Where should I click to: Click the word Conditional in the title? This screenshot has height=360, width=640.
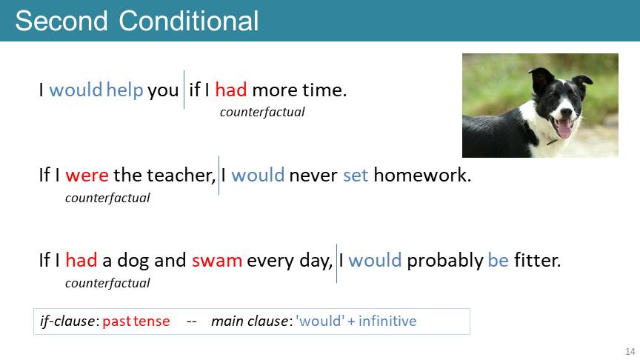(189, 21)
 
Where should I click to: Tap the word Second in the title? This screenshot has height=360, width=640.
(61, 21)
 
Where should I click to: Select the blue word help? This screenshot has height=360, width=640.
(124, 90)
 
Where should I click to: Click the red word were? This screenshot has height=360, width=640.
(87, 175)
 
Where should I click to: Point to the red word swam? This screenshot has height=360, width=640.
(217, 261)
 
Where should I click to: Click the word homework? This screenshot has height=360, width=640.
(422, 175)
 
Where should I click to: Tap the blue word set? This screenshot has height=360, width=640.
(356, 176)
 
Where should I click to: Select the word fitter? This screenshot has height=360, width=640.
(537, 260)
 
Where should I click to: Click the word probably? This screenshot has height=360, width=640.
(445, 261)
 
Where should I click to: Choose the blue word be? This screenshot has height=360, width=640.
(499, 260)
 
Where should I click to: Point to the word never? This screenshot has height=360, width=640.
(313, 176)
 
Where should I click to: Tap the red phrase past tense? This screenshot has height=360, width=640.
(136, 321)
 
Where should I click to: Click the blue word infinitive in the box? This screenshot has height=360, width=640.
(387, 321)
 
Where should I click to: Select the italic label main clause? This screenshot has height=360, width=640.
(250, 321)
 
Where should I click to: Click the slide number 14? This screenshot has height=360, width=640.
(630, 351)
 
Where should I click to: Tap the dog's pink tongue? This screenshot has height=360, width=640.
(564, 128)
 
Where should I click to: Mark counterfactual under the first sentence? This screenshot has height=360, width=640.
(262, 113)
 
